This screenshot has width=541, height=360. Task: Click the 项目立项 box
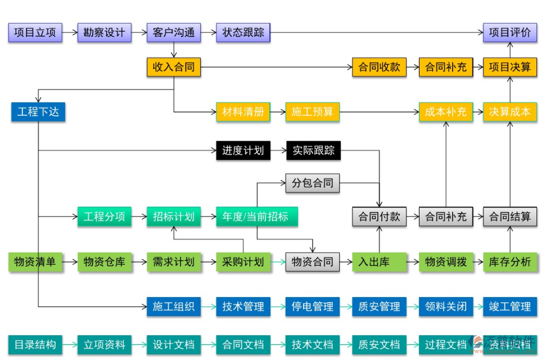(35, 32)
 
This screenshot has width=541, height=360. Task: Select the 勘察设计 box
(104, 32)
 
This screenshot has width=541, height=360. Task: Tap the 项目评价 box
(510, 32)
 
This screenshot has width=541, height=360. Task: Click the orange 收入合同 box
(173, 67)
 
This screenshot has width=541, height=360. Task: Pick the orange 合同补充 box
(445, 67)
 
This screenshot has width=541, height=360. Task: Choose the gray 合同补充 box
(445, 217)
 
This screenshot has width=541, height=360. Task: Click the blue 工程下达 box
(38, 111)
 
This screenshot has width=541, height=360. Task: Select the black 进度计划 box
(243, 150)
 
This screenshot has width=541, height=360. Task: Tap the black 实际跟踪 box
(313, 150)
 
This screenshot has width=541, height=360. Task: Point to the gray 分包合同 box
(313, 183)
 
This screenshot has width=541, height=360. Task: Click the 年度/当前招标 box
(256, 217)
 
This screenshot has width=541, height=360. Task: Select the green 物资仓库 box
(104, 262)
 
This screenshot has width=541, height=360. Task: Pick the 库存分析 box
(510, 262)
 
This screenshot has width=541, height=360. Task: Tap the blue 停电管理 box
(313, 307)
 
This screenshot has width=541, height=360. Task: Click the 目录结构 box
(35, 344)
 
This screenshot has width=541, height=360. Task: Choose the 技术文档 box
(313, 344)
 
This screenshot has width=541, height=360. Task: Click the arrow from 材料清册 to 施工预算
(278, 112)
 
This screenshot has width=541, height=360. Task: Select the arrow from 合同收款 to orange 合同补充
(412, 67)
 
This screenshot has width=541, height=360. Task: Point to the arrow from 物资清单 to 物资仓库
(70, 262)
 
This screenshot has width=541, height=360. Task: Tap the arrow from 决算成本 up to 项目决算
(510, 89)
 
